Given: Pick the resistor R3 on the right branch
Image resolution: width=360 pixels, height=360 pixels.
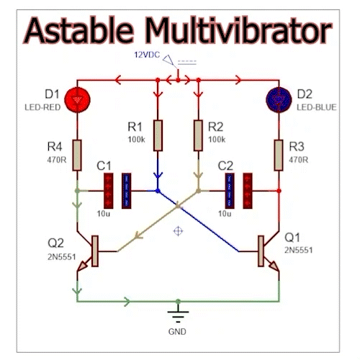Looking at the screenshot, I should [278, 153].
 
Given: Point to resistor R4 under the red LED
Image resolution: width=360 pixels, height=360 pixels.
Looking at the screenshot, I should [76, 153].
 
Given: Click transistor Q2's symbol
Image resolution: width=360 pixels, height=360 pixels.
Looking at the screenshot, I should [91, 251].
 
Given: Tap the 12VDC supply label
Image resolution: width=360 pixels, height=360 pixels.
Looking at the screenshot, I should [147, 55].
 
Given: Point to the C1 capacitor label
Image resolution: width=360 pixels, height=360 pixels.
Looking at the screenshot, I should [104, 166].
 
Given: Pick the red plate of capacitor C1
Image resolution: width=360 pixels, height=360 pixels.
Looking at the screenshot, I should [109, 191].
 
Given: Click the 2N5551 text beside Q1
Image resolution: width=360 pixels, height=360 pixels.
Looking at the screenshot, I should [299, 249].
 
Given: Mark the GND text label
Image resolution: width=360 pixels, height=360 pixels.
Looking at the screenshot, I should [176, 332].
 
